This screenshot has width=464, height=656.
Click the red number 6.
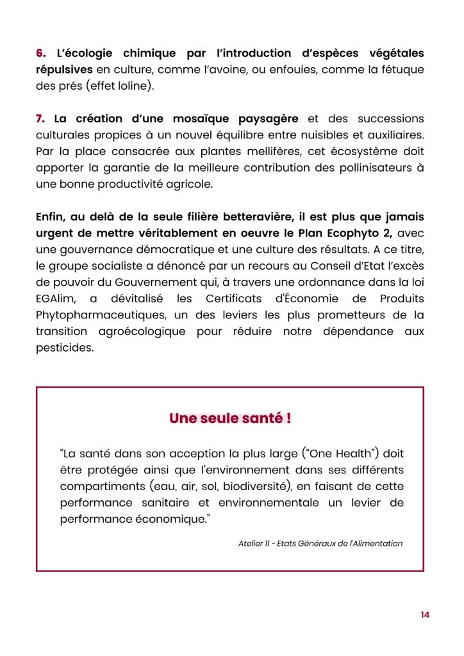[x=40, y=53]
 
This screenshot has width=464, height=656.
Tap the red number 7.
[x=40, y=119]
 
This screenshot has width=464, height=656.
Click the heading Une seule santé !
[x=230, y=418]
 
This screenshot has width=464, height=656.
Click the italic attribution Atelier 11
[x=253, y=543]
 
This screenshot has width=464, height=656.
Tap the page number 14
[x=425, y=615]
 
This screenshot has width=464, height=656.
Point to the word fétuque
[x=401, y=70]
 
